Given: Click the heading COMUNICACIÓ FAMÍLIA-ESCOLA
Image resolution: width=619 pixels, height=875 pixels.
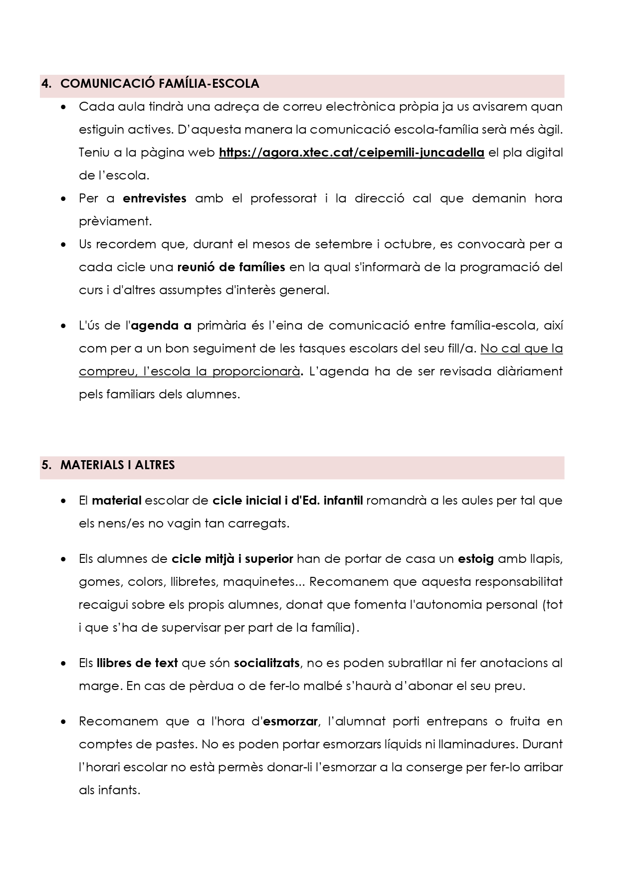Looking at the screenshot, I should click(x=160, y=84).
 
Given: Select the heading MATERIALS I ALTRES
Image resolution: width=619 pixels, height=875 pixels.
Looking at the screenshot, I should click(x=117, y=465).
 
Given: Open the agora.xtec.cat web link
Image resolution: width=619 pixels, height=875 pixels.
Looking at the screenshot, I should click(x=352, y=153).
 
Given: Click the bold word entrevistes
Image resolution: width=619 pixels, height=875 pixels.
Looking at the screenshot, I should click(x=155, y=198).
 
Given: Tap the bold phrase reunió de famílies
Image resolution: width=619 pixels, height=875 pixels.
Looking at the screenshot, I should click(x=231, y=267).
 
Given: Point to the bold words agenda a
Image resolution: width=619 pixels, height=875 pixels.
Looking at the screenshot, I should click(x=161, y=326).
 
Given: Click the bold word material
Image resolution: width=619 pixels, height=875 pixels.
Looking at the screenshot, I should click(x=117, y=501).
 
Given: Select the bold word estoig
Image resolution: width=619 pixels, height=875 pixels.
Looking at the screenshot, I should click(x=476, y=559).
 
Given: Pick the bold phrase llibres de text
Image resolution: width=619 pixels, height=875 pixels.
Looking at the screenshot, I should click(x=137, y=663).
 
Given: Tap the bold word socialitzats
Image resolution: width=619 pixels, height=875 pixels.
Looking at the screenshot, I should click(x=267, y=663).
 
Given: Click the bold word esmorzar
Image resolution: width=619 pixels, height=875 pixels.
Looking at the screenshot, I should click(x=290, y=721).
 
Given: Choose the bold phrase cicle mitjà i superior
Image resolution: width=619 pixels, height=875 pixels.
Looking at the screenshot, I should click(x=232, y=559).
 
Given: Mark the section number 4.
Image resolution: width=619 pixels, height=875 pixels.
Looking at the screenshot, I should click(x=46, y=84).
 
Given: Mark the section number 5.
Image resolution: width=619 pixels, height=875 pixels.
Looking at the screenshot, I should click(x=46, y=465).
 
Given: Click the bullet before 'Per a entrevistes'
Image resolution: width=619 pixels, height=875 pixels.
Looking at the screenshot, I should click(x=63, y=199).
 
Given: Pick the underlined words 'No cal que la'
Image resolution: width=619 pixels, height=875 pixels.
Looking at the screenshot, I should click(x=522, y=349).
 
